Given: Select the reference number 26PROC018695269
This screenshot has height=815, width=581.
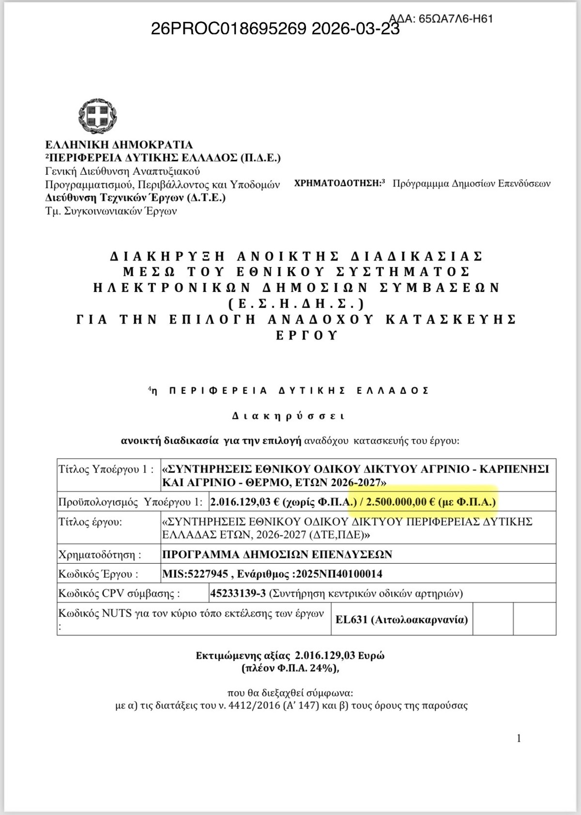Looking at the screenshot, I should tap(229, 29).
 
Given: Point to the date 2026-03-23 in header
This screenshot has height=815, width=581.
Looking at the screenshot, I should tap(355, 29).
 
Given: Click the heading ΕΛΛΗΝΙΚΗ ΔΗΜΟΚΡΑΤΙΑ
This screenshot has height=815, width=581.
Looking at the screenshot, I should tap(119, 145).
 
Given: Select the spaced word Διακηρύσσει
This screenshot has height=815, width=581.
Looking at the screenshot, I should tap(289, 415).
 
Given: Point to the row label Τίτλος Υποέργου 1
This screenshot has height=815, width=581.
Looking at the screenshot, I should tap(106, 469).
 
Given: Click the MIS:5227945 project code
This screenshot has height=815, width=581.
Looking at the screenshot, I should tap(195, 574).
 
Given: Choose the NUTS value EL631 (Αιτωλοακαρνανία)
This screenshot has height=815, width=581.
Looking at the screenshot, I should tap(401, 619).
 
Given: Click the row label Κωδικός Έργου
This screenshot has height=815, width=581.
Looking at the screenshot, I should tap(98, 574).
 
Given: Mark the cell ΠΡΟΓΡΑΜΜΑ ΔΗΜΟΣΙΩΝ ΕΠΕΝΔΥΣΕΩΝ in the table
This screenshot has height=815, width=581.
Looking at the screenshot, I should tap(277, 554).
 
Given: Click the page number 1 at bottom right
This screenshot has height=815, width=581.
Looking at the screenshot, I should tap(519, 738).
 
